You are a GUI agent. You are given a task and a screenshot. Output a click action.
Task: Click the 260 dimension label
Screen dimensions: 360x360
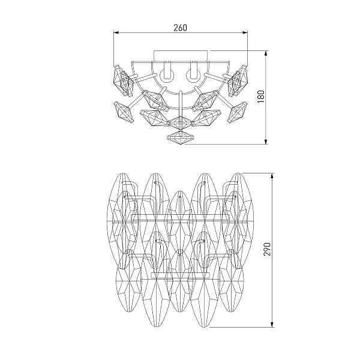[x=181, y=28]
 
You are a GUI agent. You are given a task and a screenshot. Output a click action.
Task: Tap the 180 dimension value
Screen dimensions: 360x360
[x=261, y=97]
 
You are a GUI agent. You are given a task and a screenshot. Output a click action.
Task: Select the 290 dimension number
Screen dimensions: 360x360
[x=267, y=249]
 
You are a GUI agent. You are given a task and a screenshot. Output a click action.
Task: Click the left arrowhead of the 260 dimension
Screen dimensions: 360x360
[x=116, y=32]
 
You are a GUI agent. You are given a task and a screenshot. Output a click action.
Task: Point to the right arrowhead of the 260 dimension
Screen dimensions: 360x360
[x=245, y=32]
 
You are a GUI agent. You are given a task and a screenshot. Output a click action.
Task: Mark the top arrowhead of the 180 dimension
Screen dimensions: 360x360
[x=266, y=53]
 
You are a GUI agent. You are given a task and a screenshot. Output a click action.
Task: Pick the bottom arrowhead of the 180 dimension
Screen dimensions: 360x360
[x=266, y=142]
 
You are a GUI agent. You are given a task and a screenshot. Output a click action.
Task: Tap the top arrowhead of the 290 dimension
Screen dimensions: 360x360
[x=272, y=176]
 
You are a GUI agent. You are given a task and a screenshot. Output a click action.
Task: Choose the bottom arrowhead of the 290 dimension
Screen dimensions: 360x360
[x=272, y=325]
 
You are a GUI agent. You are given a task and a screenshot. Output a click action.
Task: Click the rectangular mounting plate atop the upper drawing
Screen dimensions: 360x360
[x=181, y=56]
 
